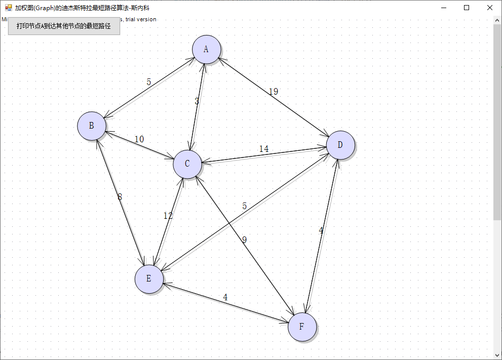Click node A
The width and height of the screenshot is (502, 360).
pos(206,49)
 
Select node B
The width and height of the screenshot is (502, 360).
pos(91,126)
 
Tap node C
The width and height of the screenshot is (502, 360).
pos(187,164)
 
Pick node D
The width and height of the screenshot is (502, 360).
pos(340,145)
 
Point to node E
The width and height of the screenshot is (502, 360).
pos(148,278)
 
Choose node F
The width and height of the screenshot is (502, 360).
pos(302,327)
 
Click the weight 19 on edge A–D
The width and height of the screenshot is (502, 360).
pos(273,92)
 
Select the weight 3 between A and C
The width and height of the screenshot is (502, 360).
pos(197,101)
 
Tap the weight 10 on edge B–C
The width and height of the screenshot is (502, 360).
pos(139,139)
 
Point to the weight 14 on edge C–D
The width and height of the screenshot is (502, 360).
pos(264,149)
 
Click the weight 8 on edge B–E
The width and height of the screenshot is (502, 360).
pos(120,197)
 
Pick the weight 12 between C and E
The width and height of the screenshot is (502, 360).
pos(168,216)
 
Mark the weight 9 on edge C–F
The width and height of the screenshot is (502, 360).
pos(244,240)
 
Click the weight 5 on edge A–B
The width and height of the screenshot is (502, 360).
pos(148,82)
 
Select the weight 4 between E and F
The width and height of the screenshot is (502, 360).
pos(225,297)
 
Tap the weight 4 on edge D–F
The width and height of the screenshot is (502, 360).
pos(321,231)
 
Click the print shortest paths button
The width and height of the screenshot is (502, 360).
pos(64,26)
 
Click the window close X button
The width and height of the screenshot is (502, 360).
pos(490,8)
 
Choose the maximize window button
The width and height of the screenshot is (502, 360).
pos(467,8)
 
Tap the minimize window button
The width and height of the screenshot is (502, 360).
pos(443,8)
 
